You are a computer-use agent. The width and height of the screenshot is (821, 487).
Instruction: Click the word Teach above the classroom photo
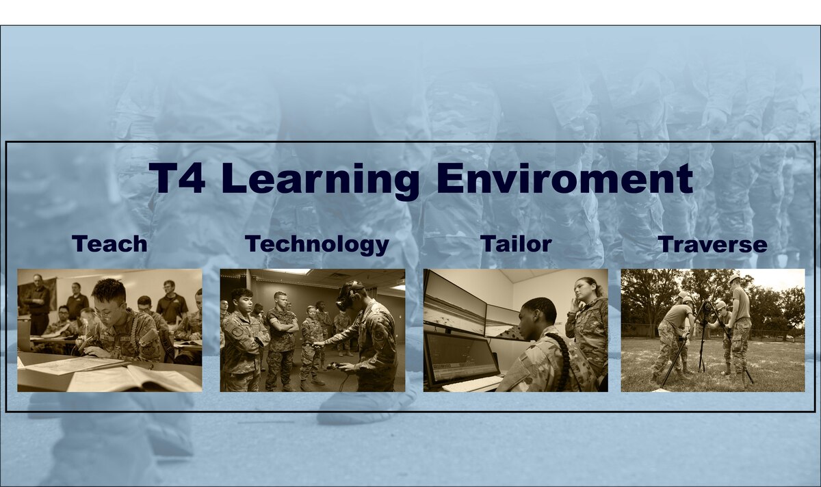(x=109, y=243)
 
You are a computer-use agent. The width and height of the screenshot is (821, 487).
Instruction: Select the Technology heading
(x=317, y=244)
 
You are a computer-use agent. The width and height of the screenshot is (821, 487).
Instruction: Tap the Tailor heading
(x=516, y=243)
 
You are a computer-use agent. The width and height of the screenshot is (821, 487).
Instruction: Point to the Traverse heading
(x=712, y=244)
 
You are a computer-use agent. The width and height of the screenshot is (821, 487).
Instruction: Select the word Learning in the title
(x=320, y=180)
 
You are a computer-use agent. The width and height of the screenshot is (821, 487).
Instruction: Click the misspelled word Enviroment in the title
(x=564, y=179)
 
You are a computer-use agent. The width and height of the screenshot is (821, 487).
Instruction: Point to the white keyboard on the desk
(x=472, y=383)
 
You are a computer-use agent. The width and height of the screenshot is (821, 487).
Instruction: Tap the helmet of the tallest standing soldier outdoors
(x=735, y=280)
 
